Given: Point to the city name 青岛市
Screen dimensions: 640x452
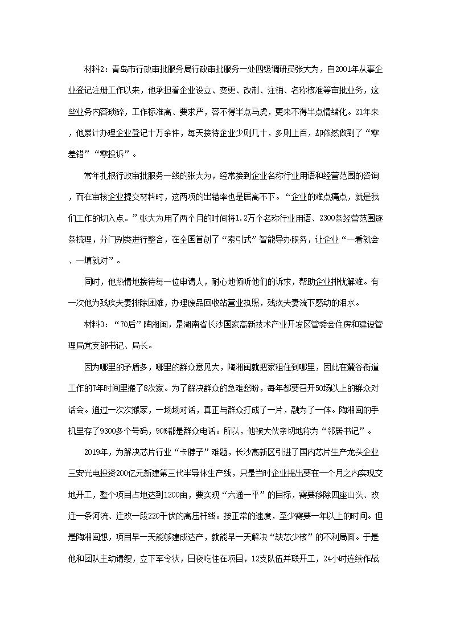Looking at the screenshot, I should (125, 70).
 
